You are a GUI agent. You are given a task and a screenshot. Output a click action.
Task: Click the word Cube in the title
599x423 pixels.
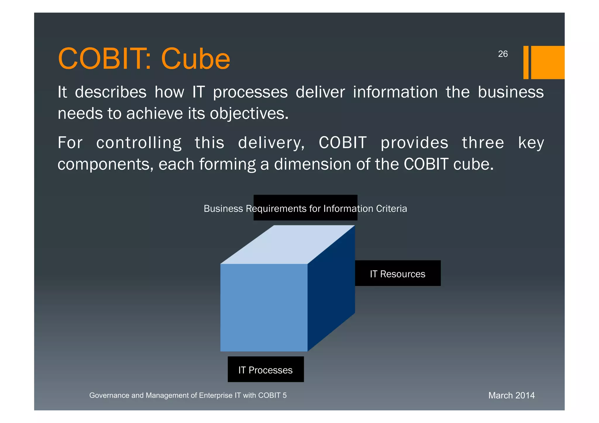[195, 59]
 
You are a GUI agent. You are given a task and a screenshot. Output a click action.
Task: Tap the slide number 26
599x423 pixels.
[503, 54]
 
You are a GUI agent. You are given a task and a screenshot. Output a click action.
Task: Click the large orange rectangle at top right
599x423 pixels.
[548, 62]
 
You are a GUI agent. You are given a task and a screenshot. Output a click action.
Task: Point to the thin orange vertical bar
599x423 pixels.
[526, 62]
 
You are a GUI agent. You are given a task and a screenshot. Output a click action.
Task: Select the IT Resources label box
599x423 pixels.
[397, 273]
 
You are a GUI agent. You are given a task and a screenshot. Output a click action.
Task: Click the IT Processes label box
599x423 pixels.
[266, 370]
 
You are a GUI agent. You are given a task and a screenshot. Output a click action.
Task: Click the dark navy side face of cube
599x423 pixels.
[331, 288]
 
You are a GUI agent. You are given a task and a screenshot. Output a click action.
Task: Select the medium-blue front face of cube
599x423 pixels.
[264, 308]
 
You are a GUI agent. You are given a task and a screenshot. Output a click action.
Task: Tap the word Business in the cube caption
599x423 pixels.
[223, 209]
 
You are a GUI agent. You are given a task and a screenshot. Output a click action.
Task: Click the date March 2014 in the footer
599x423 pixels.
[511, 396]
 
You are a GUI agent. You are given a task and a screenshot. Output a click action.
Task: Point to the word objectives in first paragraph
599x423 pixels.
[249, 114]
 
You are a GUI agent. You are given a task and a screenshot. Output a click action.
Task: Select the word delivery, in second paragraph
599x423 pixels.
[271, 143]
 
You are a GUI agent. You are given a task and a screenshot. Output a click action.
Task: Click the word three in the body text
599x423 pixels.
[483, 143]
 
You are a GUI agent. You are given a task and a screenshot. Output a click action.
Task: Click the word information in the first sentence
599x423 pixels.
[395, 92]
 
